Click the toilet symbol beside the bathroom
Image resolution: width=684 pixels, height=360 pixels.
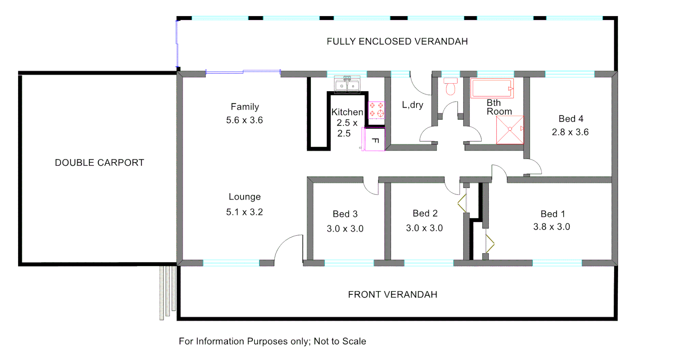[451, 87]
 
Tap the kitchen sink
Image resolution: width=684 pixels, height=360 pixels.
[347, 85]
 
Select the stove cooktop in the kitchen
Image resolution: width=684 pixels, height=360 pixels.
[376, 110]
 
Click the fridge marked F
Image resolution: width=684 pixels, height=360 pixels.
[374, 140]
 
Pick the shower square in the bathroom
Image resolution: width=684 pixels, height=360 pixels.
[510, 130]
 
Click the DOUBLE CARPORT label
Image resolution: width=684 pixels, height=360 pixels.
[99, 163]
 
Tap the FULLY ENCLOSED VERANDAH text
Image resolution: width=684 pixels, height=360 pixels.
[397, 42]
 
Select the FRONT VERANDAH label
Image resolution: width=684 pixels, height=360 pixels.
[392, 294]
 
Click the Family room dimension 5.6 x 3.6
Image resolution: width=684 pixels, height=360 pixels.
[244, 120]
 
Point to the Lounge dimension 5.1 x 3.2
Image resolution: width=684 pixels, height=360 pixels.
[244, 212]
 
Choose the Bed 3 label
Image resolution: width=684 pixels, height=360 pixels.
[345, 214]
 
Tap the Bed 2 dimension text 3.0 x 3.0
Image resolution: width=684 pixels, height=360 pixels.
[424, 228]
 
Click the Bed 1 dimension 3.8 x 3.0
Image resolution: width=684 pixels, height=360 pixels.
[551, 227]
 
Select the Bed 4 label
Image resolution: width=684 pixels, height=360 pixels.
[571, 119]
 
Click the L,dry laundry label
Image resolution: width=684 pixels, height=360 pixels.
[413, 105]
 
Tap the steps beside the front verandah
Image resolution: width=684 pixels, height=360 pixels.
[167, 292]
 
